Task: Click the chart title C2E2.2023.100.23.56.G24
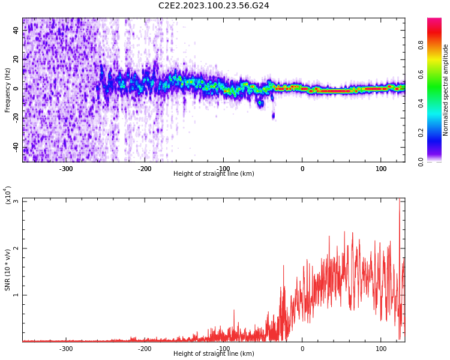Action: (214, 5)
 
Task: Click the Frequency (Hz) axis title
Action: (8, 90)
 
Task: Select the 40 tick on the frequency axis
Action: (16, 30)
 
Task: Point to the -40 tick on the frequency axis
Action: (16, 147)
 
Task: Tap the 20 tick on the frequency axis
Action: (16, 59)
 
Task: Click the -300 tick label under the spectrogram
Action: (66, 169)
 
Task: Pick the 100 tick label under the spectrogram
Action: (381, 169)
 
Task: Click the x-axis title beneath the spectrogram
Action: (214, 174)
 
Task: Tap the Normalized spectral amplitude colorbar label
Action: (446, 90)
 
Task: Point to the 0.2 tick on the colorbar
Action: (437, 132)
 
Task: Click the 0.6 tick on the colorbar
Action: (437, 74)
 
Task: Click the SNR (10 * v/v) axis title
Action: (8, 270)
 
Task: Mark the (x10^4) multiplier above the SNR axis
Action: (8, 195)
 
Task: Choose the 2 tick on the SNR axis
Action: (16, 248)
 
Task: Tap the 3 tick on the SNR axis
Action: (16, 201)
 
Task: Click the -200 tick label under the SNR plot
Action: (145, 349)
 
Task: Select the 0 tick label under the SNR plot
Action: (302, 349)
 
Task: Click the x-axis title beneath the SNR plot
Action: (214, 354)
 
